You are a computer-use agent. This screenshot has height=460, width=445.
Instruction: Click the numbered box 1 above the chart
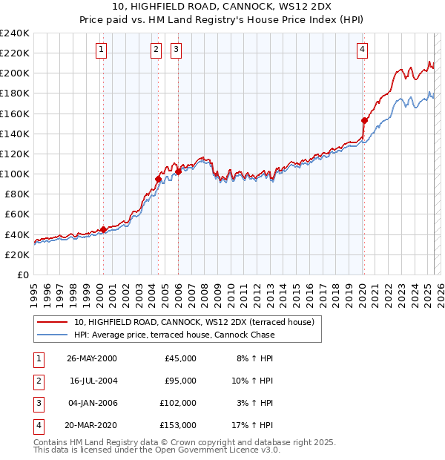[x=101, y=50]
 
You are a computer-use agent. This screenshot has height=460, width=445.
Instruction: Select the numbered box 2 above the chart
[x=156, y=50]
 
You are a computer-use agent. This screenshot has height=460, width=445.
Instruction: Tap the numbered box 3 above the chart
[x=177, y=50]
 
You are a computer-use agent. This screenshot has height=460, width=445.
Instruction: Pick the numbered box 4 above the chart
[x=362, y=50]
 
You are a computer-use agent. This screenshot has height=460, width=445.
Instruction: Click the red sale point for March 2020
[x=364, y=120]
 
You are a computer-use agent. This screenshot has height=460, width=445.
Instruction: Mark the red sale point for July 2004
[x=158, y=179]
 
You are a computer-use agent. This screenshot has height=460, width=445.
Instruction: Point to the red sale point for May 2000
[x=103, y=229]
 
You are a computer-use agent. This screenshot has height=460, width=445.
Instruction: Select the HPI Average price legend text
[x=174, y=335]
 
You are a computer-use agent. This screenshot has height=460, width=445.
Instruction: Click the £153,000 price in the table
[x=178, y=425]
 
